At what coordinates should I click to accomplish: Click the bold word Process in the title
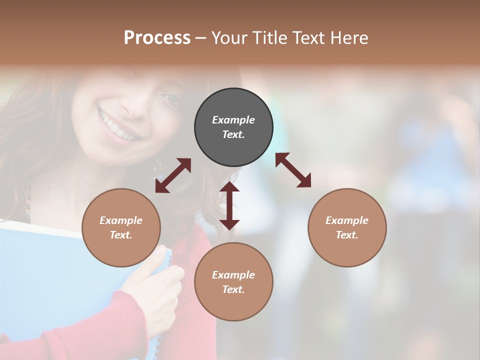pos(157,38)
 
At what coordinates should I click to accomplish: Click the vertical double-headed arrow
pos(229,205)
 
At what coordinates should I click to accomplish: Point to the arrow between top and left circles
pos(173,175)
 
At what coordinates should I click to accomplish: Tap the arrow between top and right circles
pos(293,170)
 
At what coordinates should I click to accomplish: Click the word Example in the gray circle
pos(233,120)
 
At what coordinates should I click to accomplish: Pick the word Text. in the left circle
pos(121,235)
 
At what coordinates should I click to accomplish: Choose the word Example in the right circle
pos(347,220)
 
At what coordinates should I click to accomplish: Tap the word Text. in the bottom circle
pos(233,289)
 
